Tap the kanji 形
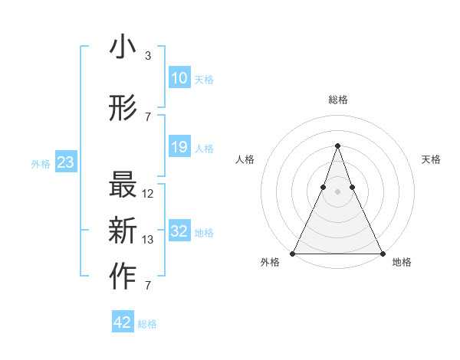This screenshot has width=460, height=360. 123,109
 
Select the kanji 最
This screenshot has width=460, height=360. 123,187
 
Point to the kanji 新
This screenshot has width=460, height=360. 123,231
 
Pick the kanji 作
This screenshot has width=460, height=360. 123,277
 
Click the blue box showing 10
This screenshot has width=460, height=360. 179,78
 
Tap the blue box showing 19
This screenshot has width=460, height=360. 179,147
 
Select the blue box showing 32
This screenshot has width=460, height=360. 179,231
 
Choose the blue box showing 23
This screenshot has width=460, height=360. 66,162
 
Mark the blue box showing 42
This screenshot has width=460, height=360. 123,322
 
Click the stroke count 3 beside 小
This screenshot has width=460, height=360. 147,56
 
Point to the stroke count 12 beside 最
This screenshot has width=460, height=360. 148,194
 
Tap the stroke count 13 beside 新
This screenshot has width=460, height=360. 148,240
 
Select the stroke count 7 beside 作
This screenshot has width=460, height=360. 147,286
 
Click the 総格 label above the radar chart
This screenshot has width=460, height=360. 337,100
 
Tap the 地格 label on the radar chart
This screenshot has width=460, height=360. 402,262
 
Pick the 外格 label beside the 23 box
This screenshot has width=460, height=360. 41,163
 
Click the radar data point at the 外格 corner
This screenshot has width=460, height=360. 293,253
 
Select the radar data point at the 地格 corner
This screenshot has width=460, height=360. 382,253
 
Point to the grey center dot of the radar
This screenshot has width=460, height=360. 337,194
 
